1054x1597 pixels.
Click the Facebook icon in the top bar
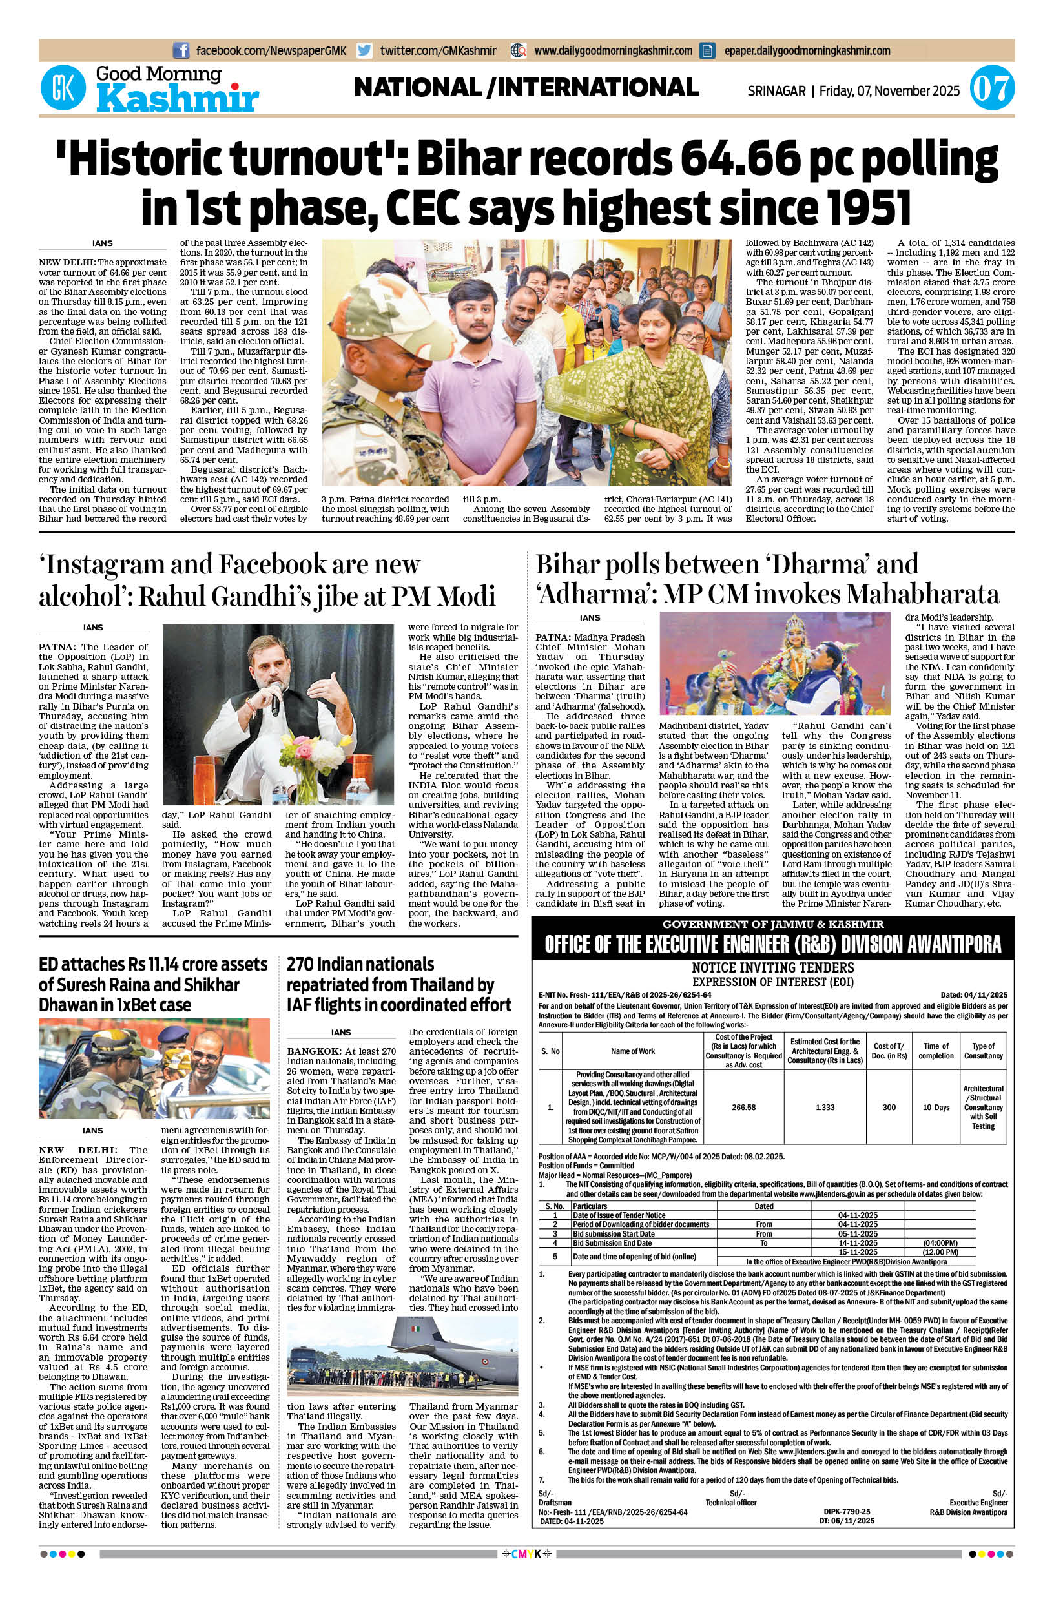point(180,50)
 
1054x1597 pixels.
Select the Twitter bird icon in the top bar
point(365,50)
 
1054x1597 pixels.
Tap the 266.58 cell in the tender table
point(743,1106)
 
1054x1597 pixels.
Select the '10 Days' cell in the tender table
point(936,1106)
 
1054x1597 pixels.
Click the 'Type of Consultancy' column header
point(983,1051)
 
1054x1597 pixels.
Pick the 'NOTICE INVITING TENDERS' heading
point(772,967)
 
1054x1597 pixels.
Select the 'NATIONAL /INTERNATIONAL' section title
point(526,87)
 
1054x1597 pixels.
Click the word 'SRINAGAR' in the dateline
point(776,90)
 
